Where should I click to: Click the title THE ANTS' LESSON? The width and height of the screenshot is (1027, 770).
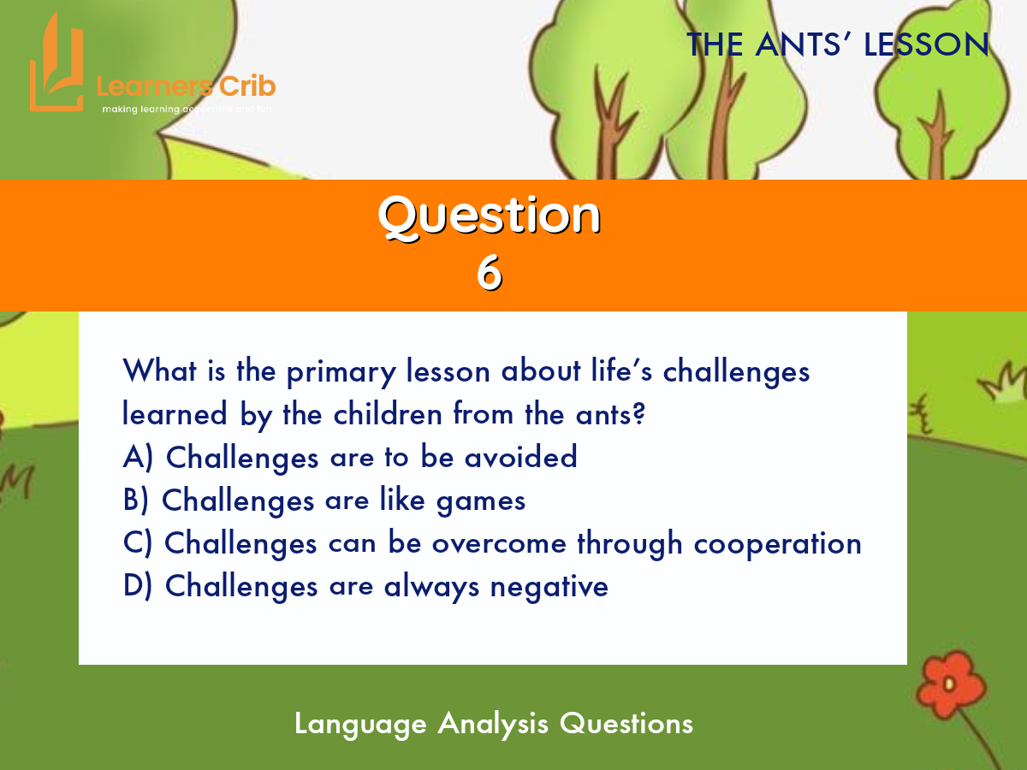[838, 44]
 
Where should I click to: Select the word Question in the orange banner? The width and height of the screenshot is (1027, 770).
[490, 216]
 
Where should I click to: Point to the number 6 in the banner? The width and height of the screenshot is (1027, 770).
[490, 274]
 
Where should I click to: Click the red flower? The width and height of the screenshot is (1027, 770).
[951, 684]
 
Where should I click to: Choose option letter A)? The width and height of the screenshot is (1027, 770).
[138, 457]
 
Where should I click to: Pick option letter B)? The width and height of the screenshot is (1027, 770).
[136, 500]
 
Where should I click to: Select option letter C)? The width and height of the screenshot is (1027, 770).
[138, 543]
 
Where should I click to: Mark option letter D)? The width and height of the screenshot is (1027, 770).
[138, 586]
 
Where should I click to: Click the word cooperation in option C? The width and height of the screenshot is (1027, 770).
[778, 545]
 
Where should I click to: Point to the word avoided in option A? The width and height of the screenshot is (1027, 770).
[520, 457]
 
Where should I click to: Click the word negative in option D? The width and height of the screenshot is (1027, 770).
[549, 588]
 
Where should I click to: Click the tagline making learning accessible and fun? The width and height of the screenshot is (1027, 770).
[187, 110]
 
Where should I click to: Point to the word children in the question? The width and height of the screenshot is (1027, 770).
[388, 414]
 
